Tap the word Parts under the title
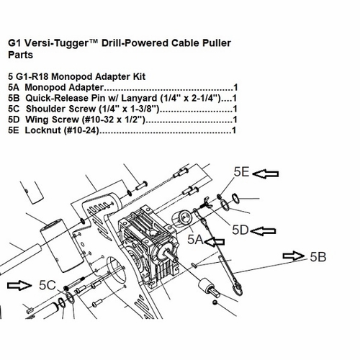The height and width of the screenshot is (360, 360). tap(20, 55)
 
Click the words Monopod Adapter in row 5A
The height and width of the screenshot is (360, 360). tap(64, 87)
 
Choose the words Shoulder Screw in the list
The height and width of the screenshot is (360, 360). tap(61, 109)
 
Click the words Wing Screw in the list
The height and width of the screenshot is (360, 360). tap(52, 120)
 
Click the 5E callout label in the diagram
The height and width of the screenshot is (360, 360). tap(241, 172)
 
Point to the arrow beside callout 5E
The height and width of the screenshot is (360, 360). tap(266, 174)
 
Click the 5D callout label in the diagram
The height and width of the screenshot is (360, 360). tap(240, 230)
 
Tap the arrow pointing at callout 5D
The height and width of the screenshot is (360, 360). tap(263, 231)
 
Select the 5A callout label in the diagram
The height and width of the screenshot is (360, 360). tap(195, 240)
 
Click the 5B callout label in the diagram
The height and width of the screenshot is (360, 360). tap(318, 257)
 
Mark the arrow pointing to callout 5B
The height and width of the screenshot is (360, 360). tap(294, 256)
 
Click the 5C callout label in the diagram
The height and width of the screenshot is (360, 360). tap(48, 285)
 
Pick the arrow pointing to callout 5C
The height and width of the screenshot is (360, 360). tap(19, 285)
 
